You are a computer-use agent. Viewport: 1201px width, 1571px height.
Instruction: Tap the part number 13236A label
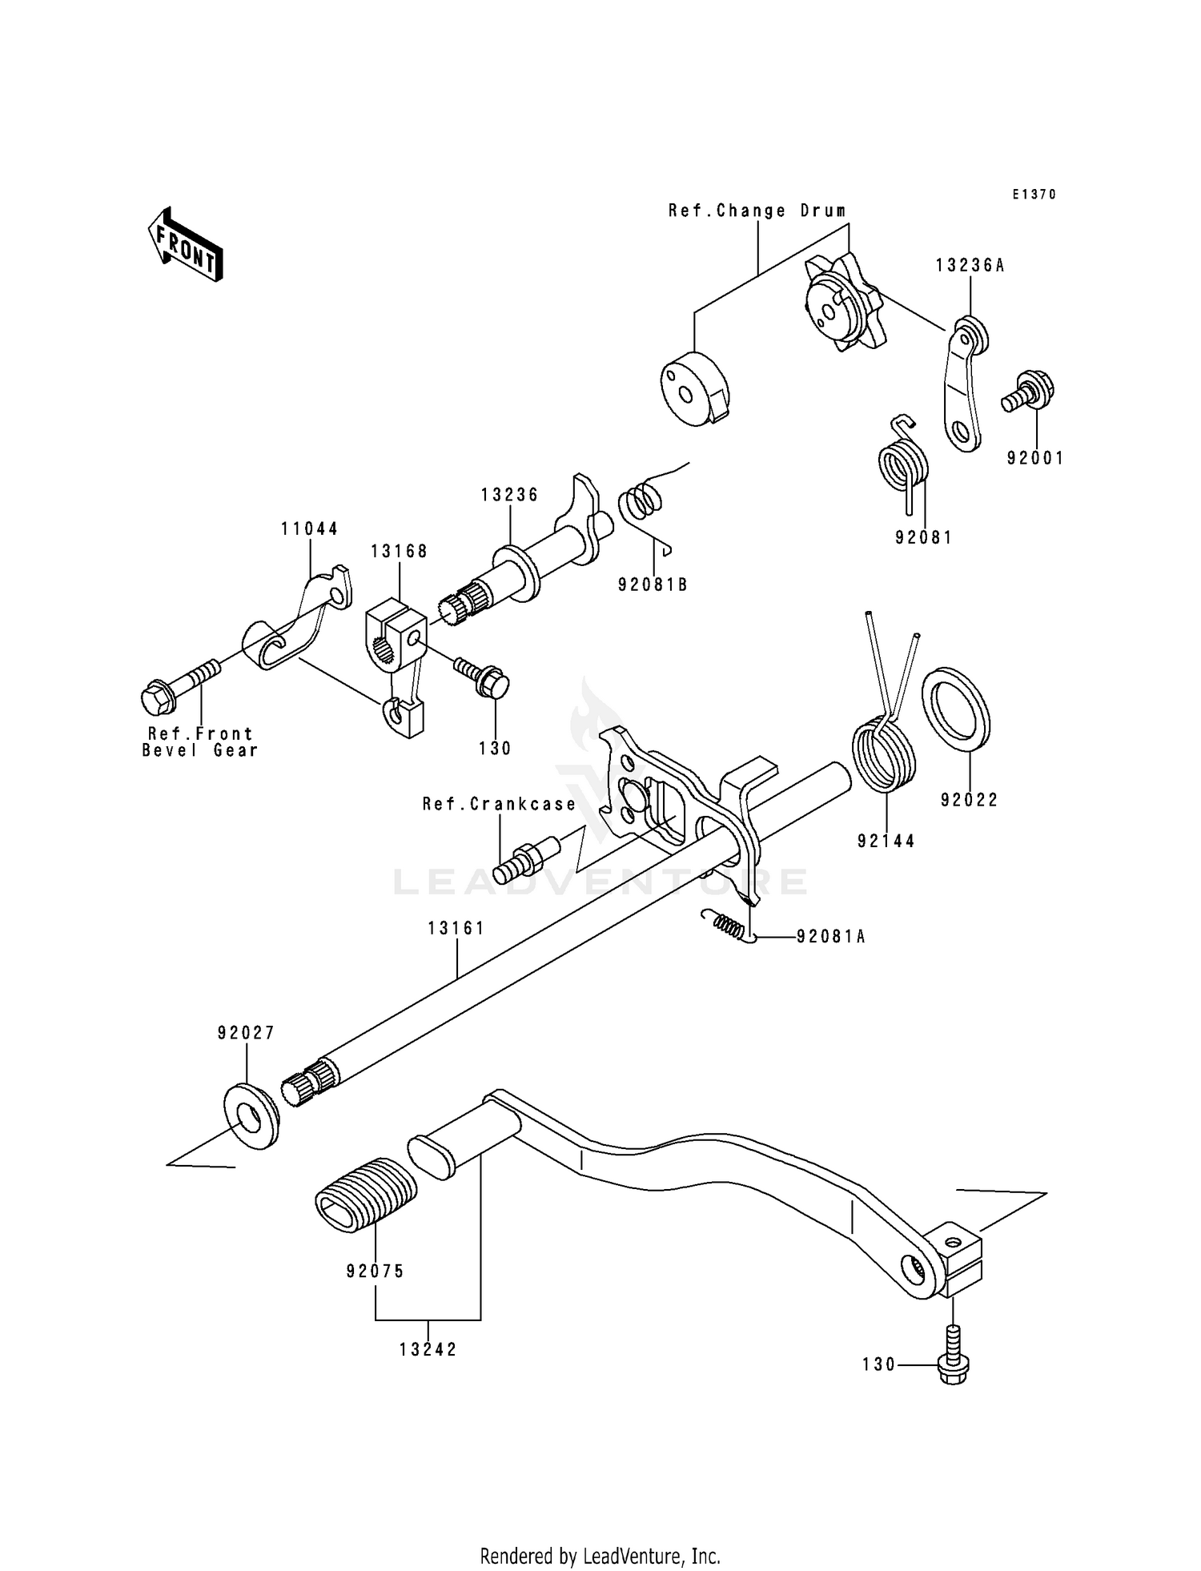969,266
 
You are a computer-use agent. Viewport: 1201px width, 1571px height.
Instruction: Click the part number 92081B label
653,585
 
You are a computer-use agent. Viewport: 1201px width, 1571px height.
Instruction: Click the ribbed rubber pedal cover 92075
366,1195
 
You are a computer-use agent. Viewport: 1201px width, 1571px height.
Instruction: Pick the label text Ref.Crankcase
500,804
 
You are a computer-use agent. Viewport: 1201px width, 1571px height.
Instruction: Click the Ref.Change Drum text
757,211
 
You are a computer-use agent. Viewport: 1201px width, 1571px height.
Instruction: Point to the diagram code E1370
1034,195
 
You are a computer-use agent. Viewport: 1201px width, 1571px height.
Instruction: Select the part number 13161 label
456,928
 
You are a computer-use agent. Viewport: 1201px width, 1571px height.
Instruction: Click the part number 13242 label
428,1349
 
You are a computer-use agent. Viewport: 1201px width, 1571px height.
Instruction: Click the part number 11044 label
309,528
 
